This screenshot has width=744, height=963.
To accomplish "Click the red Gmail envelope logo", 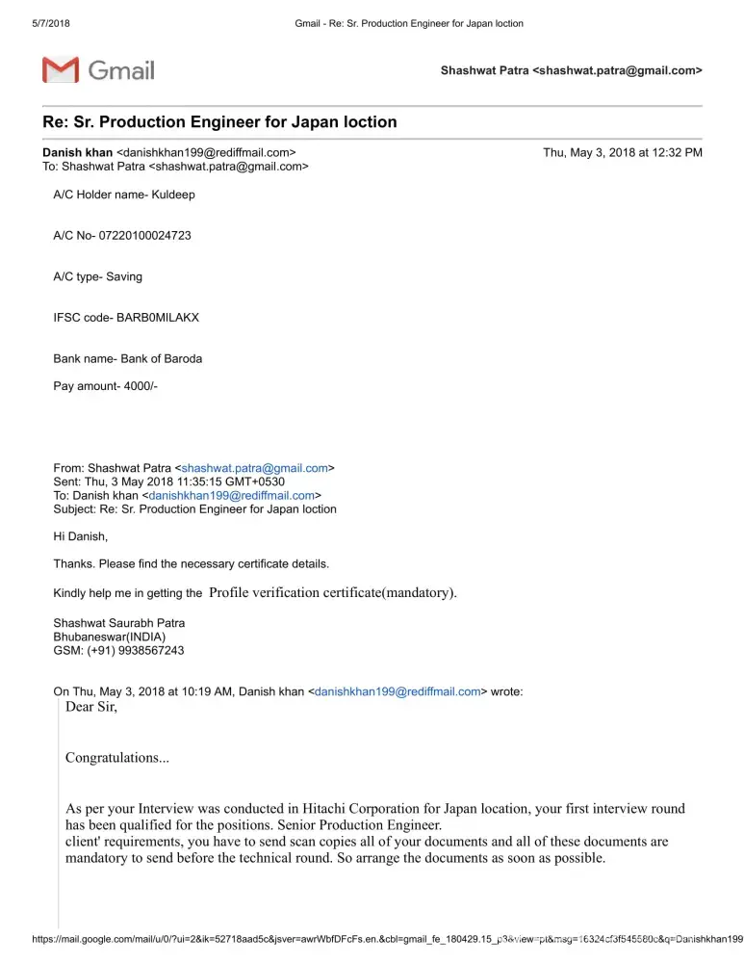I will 60,70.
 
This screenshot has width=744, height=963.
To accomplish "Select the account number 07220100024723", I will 144,235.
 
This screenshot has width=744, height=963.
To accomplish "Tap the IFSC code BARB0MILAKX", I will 158,317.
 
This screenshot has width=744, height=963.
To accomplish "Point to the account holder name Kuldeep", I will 173,195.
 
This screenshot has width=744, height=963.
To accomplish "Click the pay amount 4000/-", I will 135,385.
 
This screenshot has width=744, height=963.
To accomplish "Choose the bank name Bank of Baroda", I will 162,358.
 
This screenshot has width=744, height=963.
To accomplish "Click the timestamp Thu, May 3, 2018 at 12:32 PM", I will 622,152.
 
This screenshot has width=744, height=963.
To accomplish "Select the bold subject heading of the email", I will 219,122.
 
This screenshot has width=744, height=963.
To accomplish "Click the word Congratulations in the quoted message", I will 116,758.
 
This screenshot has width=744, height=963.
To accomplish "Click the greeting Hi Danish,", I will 81,536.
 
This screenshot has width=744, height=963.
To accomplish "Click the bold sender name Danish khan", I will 77,152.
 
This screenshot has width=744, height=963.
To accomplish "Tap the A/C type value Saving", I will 124,276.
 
